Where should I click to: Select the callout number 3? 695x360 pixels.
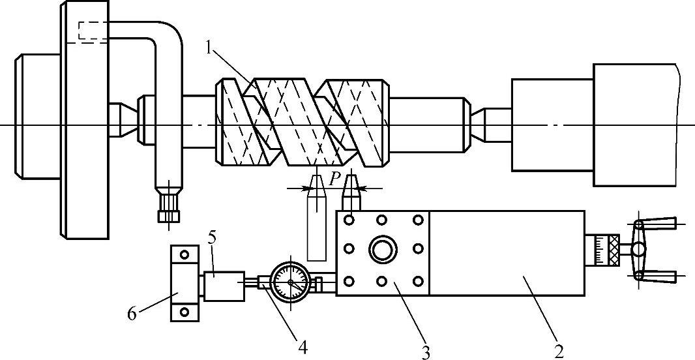pyautogui.click(x=426, y=352)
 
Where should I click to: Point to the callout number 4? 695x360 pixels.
pyautogui.click(x=303, y=348)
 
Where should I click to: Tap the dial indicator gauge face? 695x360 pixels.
pyautogui.click(x=290, y=282)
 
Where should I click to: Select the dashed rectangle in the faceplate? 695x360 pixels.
pyautogui.click(x=93, y=31)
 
